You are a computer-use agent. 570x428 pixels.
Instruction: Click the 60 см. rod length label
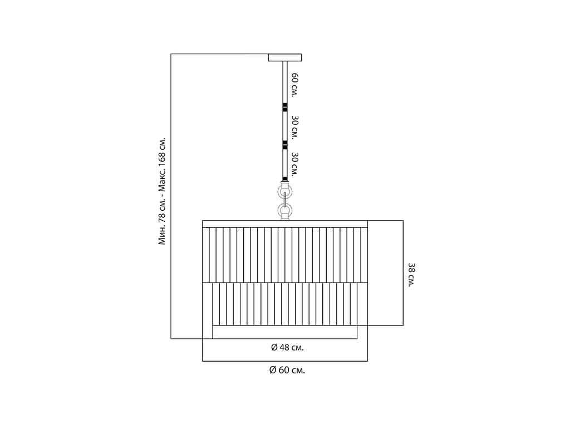(x=294, y=85)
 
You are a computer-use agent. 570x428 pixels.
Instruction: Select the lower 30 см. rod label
(x=294, y=164)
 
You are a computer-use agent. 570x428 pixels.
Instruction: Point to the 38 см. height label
(x=411, y=275)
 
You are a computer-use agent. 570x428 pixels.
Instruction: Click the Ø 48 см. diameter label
(x=287, y=348)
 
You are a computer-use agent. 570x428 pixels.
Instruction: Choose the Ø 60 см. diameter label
(x=287, y=371)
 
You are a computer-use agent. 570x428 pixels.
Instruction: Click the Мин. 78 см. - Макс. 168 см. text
(x=162, y=191)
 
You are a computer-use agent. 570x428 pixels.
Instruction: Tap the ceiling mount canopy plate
(x=285, y=57)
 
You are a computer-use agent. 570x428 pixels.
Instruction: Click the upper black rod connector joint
(x=285, y=107)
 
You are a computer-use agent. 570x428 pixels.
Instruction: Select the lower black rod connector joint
(x=285, y=145)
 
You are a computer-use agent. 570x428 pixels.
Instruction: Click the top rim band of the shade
(x=285, y=224)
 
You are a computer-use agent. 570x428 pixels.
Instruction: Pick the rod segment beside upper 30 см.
(x=285, y=125)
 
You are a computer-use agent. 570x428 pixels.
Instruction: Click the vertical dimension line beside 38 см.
(x=403, y=273)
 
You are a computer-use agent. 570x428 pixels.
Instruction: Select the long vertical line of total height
(x=171, y=196)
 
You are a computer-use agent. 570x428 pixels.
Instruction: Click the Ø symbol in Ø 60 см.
(x=273, y=371)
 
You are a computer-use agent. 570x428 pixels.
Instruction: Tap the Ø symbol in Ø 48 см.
(x=274, y=348)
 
